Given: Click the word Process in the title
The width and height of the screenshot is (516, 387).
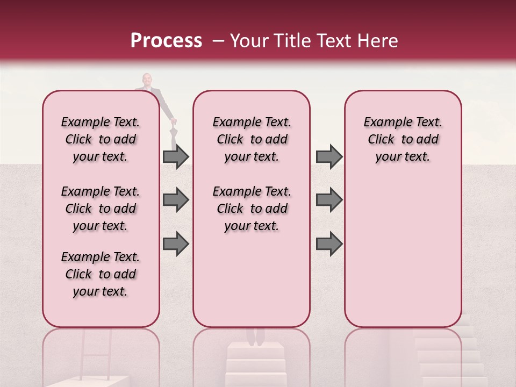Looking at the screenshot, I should click(x=166, y=41).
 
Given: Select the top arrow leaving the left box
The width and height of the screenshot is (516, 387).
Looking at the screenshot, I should click(x=175, y=156).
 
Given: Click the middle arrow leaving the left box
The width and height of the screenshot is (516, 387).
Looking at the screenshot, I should click(x=175, y=200).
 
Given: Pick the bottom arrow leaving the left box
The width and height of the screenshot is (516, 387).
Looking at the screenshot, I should click(x=175, y=244).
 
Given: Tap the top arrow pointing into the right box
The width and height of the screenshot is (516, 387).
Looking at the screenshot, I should click(x=329, y=156).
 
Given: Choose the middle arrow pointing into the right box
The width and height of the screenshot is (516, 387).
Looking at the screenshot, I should click(x=329, y=200).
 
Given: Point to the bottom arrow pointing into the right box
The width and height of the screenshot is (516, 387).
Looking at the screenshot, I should click(x=329, y=244).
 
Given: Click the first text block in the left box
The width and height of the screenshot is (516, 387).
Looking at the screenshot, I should click(x=101, y=139).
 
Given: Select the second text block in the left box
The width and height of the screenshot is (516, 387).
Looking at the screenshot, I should click(x=101, y=209).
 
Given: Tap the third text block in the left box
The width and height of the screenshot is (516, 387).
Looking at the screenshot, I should click(x=101, y=274).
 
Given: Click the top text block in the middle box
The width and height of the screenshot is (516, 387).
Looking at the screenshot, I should click(x=252, y=139).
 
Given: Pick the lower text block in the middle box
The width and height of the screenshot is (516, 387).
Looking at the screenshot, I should click(x=252, y=209).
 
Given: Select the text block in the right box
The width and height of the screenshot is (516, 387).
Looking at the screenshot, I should click(x=403, y=139).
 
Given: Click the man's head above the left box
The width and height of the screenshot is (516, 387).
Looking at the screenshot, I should click(x=147, y=80).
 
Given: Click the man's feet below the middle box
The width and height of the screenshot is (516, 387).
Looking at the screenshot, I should click(x=255, y=336).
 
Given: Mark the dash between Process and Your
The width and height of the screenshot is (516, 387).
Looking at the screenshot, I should click(x=217, y=41).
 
